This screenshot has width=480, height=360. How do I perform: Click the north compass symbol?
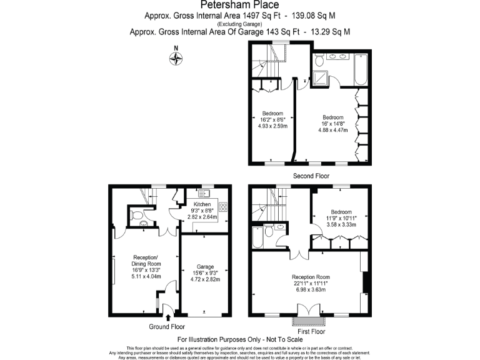click(x=177, y=59)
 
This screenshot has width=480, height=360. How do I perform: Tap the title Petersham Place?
click(x=239, y=6)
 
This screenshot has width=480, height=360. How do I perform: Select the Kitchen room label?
click(x=202, y=204)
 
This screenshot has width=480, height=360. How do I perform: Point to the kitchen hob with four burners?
click(x=223, y=208)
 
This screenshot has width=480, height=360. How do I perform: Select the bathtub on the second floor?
click(x=362, y=70)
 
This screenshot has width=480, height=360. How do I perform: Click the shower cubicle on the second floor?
click(x=322, y=78)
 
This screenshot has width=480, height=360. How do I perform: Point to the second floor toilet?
click(x=319, y=61)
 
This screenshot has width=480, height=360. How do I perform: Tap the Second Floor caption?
click(x=311, y=176)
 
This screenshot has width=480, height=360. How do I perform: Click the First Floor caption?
click(x=311, y=332)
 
